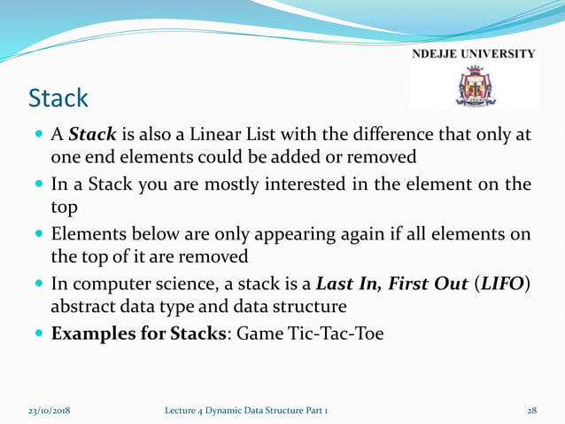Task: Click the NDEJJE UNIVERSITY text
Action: tap(473, 54)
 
